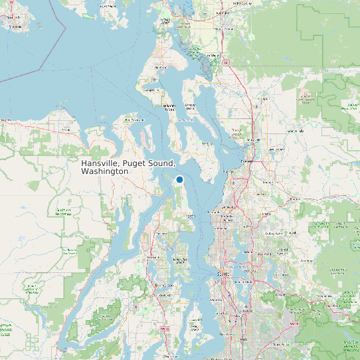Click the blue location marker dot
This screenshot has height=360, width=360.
[x=179, y=179]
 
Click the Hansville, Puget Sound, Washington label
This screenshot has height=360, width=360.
[x=128, y=167]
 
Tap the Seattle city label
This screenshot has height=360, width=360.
[x=221, y=274]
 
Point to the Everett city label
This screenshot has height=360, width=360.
[x=246, y=161]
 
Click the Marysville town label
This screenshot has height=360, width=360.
[x=253, y=140]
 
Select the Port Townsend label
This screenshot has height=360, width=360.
[x=136, y=120]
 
